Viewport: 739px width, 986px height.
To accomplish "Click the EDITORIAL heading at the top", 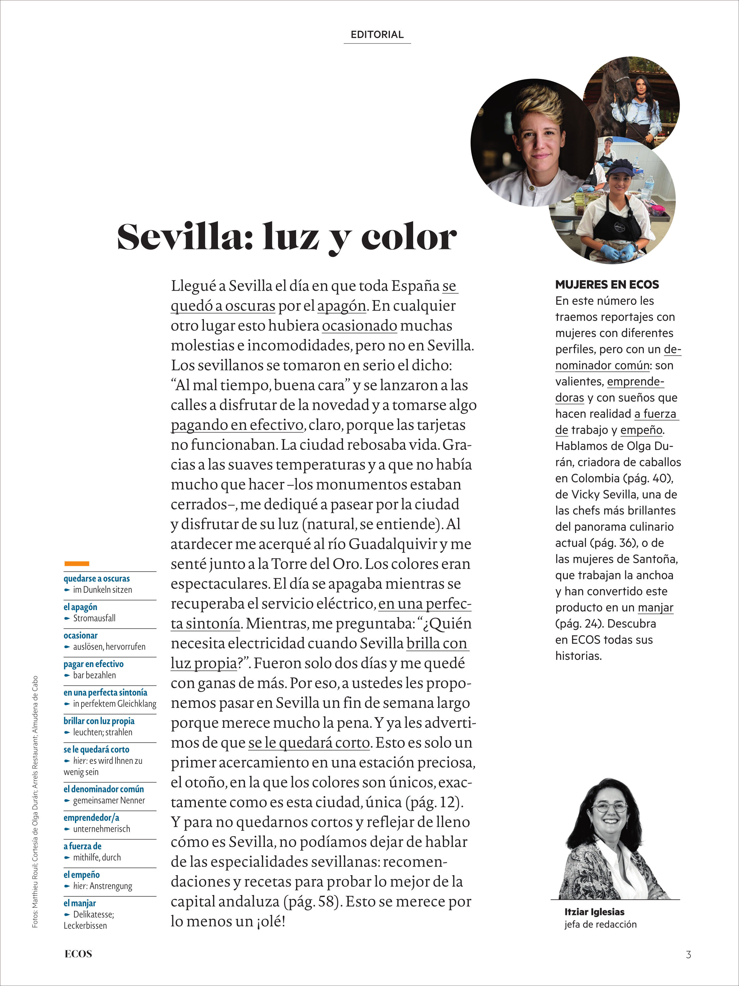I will click(x=377, y=35).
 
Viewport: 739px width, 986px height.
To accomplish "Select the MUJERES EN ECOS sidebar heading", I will click(x=607, y=284).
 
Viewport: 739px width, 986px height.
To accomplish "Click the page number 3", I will click(x=688, y=954).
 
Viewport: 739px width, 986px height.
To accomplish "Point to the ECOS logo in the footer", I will click(x=78, y=954).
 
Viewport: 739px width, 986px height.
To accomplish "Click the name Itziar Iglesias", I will click(x=594, y=912).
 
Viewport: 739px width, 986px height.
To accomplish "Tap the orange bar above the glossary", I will click(x=76, y=563).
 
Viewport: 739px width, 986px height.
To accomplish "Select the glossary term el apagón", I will click(x=80, y=607).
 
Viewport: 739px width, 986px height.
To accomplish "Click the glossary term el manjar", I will click(x=80, y=903).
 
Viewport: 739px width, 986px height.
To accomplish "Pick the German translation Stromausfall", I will click(x=94, y=618).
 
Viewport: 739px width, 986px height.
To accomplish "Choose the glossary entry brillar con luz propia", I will click(x=99, y=721).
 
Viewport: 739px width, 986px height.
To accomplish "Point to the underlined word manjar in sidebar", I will click(x=655, y=608).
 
